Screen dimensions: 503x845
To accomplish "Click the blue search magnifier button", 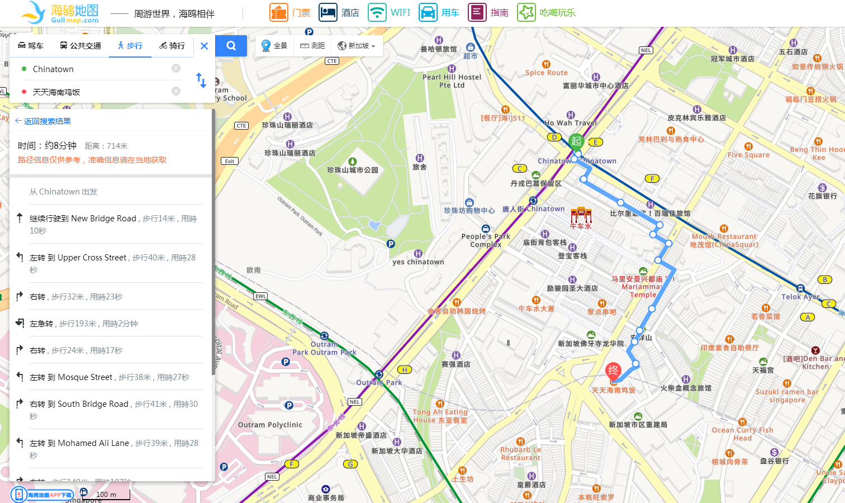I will click(x=231, y=46).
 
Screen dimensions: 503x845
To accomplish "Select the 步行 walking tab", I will click(x=130, y=46).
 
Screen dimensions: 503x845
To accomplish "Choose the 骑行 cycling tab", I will click(x=172, y=46).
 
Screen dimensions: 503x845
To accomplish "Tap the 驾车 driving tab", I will click(x=31, y=46).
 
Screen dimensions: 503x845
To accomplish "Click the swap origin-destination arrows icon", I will click(x=201, y=80).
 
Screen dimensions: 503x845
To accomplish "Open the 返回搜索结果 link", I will click(x=44, y=121).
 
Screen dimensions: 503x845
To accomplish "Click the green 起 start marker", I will click(x=576, y=141).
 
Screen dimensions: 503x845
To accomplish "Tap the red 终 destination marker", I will click(x=613, y=371).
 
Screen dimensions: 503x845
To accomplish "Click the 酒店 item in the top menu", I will click(x=339, y=12).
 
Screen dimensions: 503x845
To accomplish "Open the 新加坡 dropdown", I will click(x=357, y=46).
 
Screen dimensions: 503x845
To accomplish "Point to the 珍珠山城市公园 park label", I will click(x=353, y=170).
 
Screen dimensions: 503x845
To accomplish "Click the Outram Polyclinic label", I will click(x=270, y=425).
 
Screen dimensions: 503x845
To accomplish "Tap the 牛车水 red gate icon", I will click(x=581, y=215).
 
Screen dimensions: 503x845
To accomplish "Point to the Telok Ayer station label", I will click(x=800, y=297).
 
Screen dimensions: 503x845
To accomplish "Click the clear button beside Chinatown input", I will click(x=176, y=68).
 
